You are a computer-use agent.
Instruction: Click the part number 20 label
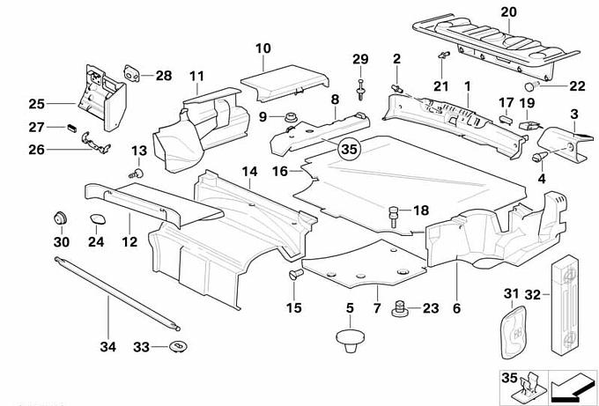point(506,11)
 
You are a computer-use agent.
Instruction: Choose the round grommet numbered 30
point(62,217)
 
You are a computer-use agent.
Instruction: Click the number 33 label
point(141,347)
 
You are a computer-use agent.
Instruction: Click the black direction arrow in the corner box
point(573,384)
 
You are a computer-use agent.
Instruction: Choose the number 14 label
point(248,171)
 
